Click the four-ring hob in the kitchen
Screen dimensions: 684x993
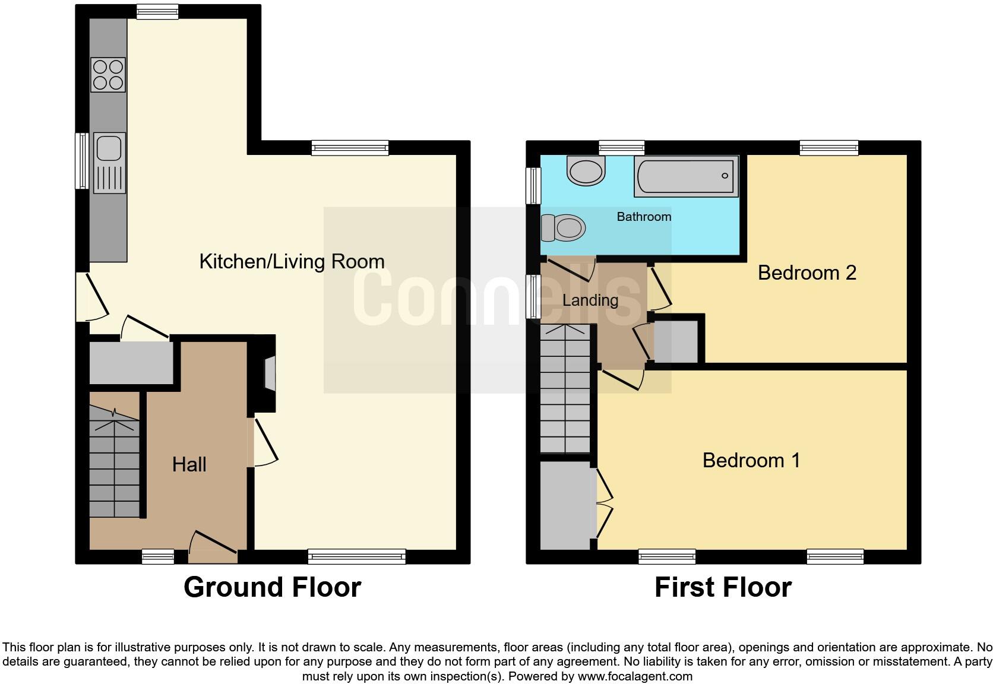pos(108,75)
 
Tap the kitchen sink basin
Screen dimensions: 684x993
pos(109,148)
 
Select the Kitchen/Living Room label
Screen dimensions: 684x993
pos(292,261)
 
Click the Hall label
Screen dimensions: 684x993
pos(189,464)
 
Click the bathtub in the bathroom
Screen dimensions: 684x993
pos(686,176)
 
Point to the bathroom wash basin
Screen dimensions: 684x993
pos(587,170)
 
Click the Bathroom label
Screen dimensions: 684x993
pos(644,217)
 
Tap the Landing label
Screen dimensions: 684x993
pos(590,300)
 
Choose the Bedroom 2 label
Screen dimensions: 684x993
pos(807,273)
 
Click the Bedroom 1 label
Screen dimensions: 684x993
pos(751,460)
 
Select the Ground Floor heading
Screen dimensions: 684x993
pos(272,587)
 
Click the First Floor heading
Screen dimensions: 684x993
pos(723,588)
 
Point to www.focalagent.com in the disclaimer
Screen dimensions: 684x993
pos(634,676)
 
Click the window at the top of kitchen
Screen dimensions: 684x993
pos(157,12)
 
